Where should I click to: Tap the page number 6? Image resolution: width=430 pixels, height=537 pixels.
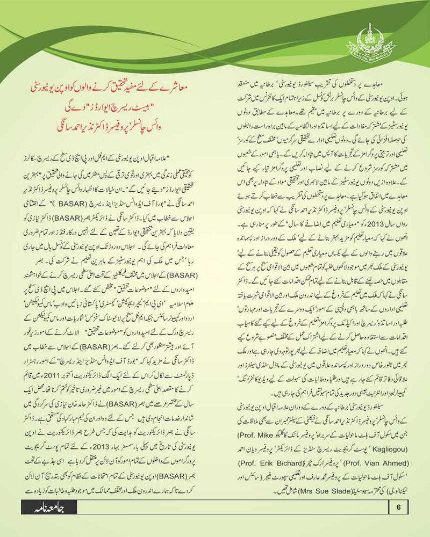pos(398,506)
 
